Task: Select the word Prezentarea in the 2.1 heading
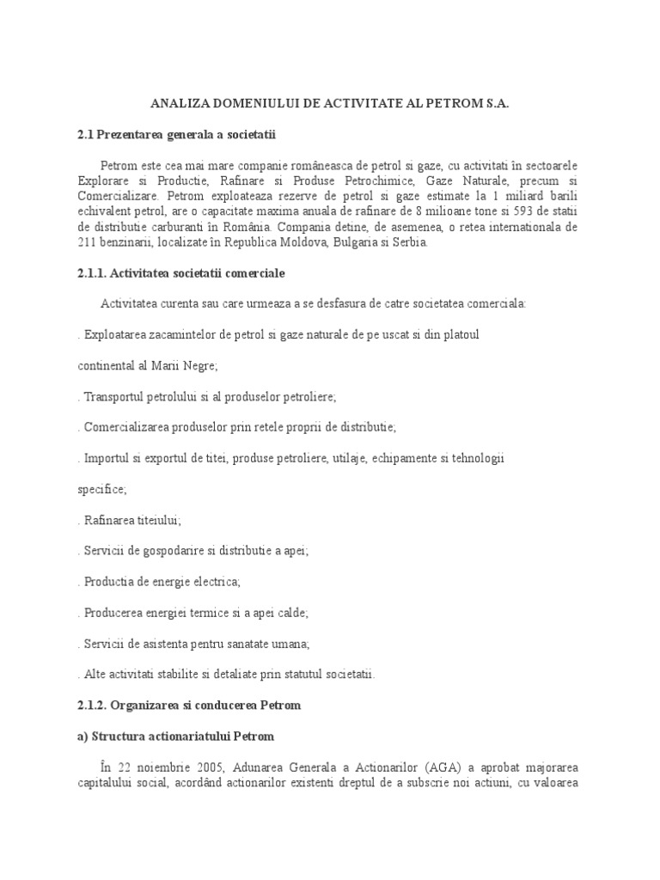click(x=133, y=134)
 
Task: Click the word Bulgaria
click(x=352, y=242)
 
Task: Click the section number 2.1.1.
click(x=91, y=273)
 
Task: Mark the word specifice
click(x=101, y=489)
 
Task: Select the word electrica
click(x=215, y=582)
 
